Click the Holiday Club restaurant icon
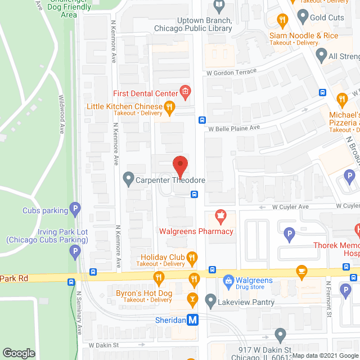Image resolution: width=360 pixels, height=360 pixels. tap(192, 258)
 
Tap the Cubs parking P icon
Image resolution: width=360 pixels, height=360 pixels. tap(75, 210)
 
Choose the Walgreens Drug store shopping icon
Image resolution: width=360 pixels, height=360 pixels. tap(228, 280)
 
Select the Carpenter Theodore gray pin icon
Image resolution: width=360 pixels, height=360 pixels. tap(128, 180)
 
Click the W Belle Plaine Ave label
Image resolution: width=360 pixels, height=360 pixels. tap(234, 128)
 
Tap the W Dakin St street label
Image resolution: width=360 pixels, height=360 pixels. tap(104, 345)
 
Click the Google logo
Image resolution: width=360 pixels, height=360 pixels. tap(19, 353)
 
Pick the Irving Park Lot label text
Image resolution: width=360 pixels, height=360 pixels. tap(48, 232)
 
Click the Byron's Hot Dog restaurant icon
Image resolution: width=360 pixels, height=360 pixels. tap(159, 277)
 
